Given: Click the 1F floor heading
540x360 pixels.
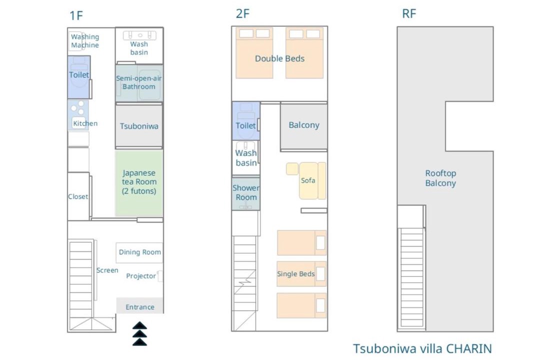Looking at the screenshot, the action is coord(76,15).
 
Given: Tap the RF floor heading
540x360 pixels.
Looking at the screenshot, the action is coord(409,14).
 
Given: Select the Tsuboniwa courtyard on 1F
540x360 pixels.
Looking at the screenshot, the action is coord(139,126).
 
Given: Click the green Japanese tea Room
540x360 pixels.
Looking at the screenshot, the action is coord(139,183).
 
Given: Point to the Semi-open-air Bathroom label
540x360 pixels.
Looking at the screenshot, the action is coord(139,82).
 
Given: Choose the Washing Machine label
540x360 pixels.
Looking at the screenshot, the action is coord(85,40).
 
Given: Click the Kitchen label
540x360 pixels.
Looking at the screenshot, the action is coord(85,123).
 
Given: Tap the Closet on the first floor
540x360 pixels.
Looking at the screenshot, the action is coord(78,196).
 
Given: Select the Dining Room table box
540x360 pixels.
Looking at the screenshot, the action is coord(139,252).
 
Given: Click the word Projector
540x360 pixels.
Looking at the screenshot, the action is coord(141,276).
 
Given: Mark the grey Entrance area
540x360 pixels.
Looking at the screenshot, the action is coord(140,305).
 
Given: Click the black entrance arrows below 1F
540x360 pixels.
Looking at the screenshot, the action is coord(140,333).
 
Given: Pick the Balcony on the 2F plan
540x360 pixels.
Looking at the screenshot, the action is coord(304,126).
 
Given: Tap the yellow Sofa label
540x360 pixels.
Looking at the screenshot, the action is coord(308,180).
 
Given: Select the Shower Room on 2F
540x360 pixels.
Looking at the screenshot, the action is coord(246,193).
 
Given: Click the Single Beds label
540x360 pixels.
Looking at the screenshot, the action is coord(296,274).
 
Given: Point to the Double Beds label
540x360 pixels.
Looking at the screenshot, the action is coord(279,58).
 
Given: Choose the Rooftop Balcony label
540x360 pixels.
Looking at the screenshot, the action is coord(440,178).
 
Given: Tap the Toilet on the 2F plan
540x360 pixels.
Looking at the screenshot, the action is coord(246,121).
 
